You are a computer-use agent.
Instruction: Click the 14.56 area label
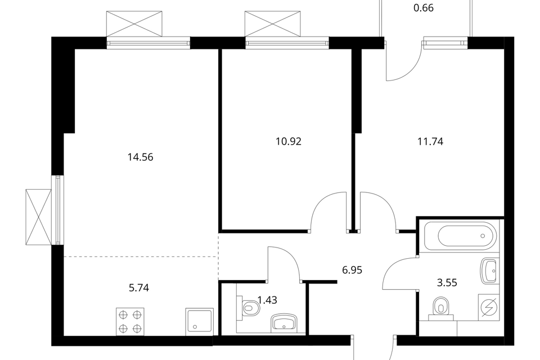point(140,157)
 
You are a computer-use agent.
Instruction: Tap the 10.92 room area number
point(289,142)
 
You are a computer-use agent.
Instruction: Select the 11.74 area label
point(430,142)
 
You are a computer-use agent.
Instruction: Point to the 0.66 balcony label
point(423,8)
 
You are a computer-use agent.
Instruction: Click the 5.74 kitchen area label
point(139,287)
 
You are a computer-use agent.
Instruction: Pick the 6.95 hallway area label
point(352,270)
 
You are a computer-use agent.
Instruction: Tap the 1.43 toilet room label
point(267,300)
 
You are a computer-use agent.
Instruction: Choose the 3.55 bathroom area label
point(447,283)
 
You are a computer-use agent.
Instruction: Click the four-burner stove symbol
point(130,321)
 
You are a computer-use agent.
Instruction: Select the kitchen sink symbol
point(199,322)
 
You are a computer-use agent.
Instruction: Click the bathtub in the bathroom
point(461,236)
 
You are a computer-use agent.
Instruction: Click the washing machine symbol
point(489,307)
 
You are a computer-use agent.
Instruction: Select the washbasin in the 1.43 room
point(284,323)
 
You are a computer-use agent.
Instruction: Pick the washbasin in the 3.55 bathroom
point(489,271)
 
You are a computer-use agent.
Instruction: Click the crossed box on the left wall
point(38,217)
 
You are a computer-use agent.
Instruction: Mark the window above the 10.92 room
point(286,43)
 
